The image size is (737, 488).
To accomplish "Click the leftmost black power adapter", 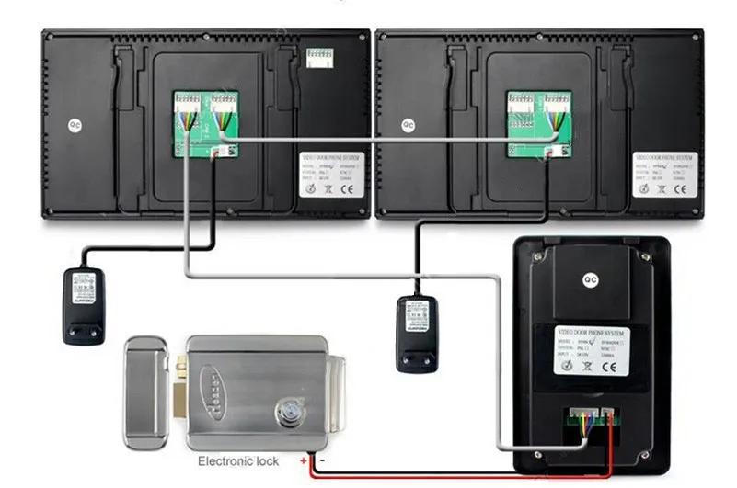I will (83, 304).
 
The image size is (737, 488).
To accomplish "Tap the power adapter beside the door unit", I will (417, 332).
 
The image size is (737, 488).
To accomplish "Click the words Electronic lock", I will (238, 461).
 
